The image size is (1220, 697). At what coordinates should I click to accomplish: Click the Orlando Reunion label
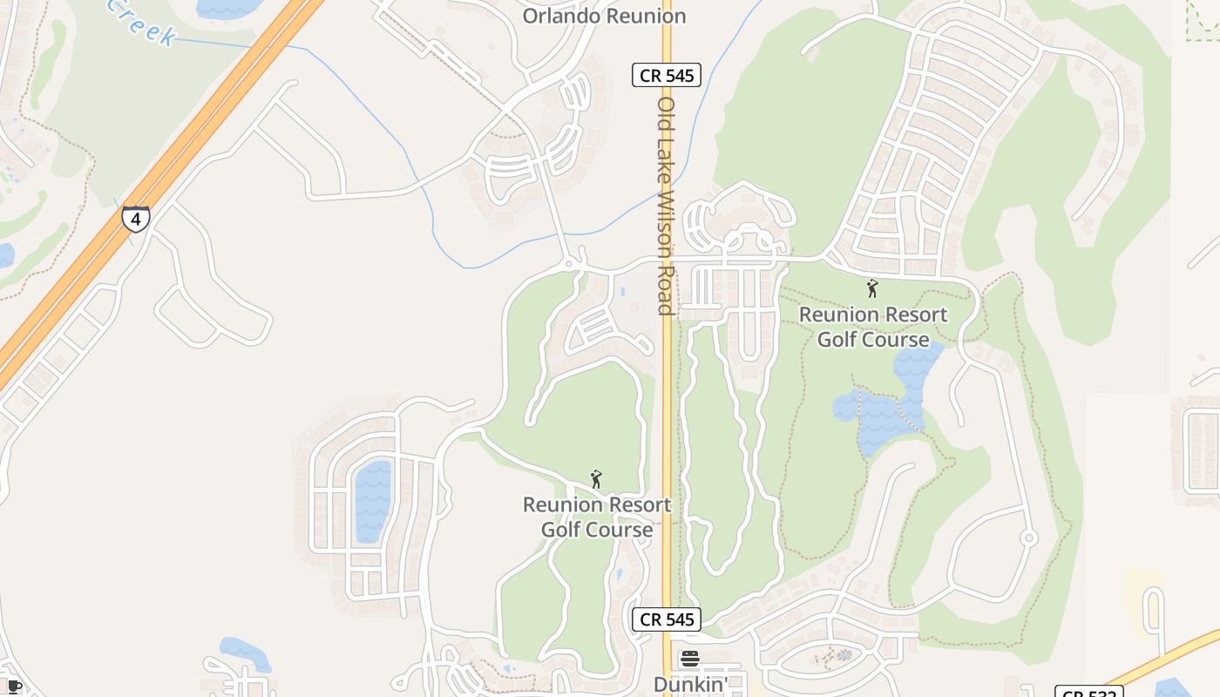(604, 16)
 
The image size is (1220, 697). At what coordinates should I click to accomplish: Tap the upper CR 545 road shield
(667, 75)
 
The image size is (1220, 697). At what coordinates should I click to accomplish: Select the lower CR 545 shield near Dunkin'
(667, 619)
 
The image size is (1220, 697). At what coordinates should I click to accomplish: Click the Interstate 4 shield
(135, 218)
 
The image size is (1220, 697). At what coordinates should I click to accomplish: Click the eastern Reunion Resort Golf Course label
(873, 327)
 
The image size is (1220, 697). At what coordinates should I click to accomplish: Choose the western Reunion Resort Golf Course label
(597, 517)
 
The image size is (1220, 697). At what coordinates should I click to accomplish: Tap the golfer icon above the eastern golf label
(872, 288)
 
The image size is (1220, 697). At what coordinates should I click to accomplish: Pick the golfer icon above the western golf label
(596, 479)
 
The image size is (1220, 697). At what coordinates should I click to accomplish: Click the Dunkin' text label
(690, 685)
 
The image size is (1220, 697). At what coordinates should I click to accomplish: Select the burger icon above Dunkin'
(690, 659)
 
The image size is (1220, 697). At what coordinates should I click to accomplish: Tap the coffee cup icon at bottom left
(15, 686)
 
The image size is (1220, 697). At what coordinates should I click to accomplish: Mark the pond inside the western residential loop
(373, 501)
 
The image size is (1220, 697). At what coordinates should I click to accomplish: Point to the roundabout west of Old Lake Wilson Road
(569, 262)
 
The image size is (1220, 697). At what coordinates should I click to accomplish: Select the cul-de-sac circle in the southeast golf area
(1029, 538)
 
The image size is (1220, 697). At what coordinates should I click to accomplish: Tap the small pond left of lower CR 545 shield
(618, 574)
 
